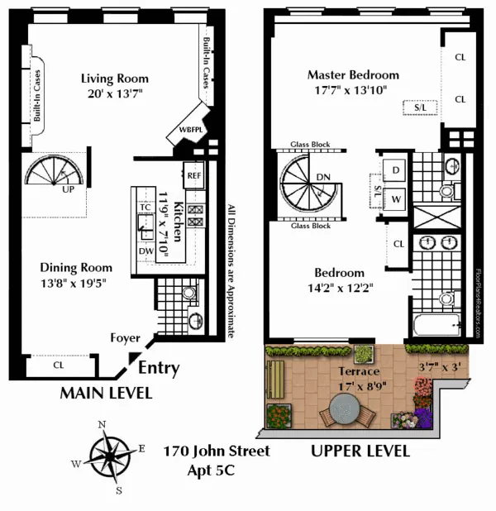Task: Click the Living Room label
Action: pos(115,79)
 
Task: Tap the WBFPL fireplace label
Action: pos(183,131)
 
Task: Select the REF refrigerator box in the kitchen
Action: pos(193,175)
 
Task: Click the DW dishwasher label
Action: pos(145,251)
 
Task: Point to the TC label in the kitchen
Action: pos(145,208)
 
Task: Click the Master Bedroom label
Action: pos(353,74)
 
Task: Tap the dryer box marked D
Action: pos(395,170)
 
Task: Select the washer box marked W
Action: pos(395,199)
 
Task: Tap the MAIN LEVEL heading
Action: pos(106,394)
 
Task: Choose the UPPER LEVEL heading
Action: pos(360,451)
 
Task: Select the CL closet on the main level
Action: pos(58,363)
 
